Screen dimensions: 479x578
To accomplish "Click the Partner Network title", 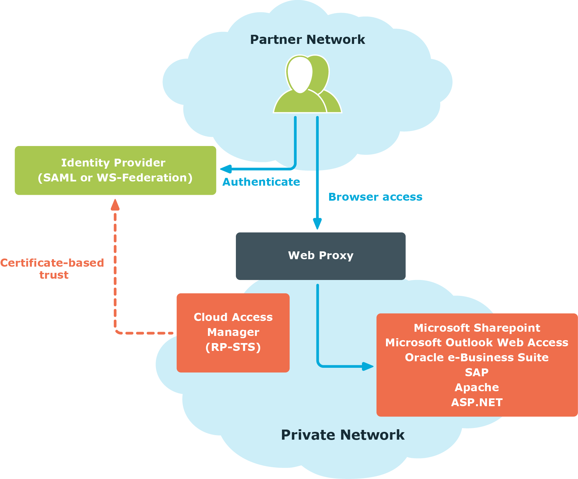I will pyautogui.click(x=307, y=40).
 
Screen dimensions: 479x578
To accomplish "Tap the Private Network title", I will pyautogui.click(x=342, y=435).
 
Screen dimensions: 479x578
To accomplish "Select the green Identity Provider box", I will pyautogui.click(x=115, y=170).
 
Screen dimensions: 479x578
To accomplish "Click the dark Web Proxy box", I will pyautogui.click(x=320, y=256).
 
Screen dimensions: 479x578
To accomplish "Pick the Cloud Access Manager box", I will pyautogui.click(x=233, y=333).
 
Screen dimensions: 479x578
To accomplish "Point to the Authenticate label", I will pyautogui.click(x=261, y=182).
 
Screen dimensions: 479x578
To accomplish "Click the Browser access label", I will pyautogui.click(x=375, y=197).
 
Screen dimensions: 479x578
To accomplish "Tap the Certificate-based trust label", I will pyautogui.click(x=52, y=269).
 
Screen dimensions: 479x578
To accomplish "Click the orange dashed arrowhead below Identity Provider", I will pyautogui.click(x=115, y=205).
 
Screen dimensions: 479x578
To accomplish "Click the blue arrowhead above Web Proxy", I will pyautogui.click(x=317, y=224).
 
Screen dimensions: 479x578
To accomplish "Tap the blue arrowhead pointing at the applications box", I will pyautogui.click(x=368, y=366).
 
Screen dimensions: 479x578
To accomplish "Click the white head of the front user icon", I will pyautogui.click(x=300, y=74).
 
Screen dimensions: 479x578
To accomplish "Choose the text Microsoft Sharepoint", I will pyautogui.click(x=477, y=328).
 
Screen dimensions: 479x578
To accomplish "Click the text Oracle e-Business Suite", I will pyautogui.click(x=477, y=357).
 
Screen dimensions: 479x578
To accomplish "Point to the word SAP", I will pyautogui.click(x=477, y=372).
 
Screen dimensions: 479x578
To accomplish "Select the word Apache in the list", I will pyautogui.click(x=477, y=387).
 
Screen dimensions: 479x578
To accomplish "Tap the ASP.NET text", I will pyautogui.click(x=477, y=402).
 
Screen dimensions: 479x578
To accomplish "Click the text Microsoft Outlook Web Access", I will pyautogui.click(x=477, y=342).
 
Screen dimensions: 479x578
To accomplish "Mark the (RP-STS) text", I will pyautogui.click(x=233, y=347).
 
